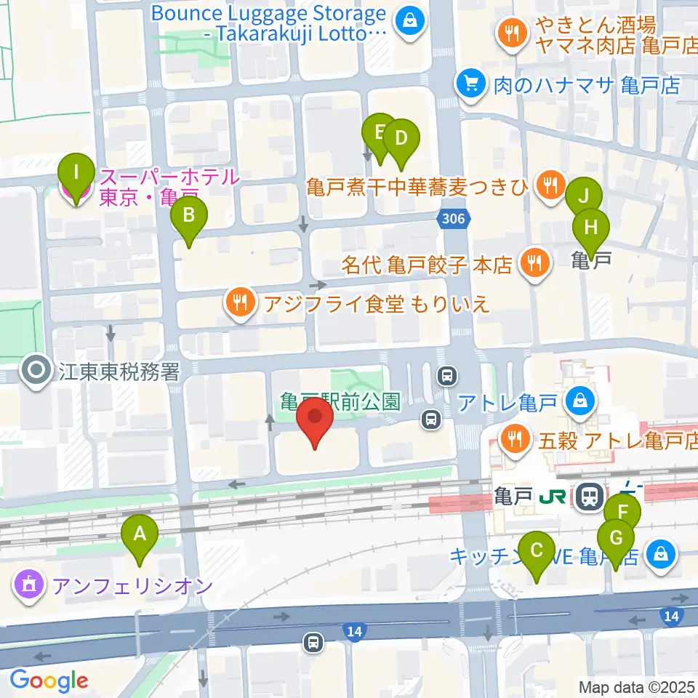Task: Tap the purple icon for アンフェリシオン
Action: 29,585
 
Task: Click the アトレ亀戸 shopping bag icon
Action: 581,399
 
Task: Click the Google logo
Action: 49,681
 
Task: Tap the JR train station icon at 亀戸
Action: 587,497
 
